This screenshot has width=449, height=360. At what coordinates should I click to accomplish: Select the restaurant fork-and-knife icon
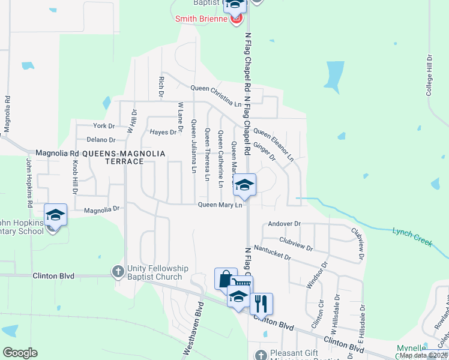(x=261, y=303)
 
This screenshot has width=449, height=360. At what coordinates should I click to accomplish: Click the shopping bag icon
(x=226, y=278)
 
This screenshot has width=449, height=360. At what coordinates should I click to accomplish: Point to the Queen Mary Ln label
(x=220, y=205)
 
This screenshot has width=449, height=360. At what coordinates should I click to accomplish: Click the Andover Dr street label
(x=284, y=224)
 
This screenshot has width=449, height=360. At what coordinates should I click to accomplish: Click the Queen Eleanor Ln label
(x=274, y=145)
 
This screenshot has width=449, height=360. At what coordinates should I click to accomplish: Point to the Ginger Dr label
(x=264, y=151)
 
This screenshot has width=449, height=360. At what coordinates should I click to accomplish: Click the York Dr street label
(x=104, y=126)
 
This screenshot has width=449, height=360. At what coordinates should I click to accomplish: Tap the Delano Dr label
(x=100, y=140)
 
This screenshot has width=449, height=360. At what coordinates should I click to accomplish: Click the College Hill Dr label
(x=429, y=76)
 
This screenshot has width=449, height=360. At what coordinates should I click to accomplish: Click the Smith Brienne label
(x=201, y=19)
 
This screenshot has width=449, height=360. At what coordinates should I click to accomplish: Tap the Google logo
(x=20, y=353)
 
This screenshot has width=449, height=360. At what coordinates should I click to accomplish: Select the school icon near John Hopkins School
(x=55, y=214)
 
